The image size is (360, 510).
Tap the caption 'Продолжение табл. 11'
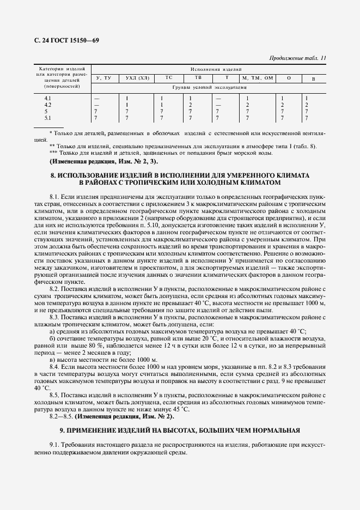click(x=298, y=58)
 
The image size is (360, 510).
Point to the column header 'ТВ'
click(x=191, y=78)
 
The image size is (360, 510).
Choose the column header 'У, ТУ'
click(x=103, y=78)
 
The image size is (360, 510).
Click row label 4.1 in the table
click(x=47, y=98)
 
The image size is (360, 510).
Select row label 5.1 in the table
click(x=47, y=118)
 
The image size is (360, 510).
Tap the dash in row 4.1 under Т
click(x=218, y=98)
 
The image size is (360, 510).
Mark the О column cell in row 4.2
click(x=282, y=105)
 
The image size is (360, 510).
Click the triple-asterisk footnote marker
click(x=52, y=153)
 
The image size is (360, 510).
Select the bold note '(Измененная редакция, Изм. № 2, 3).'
click(x=104, y=162)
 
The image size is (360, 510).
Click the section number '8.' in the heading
click(x=53, y=176)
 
